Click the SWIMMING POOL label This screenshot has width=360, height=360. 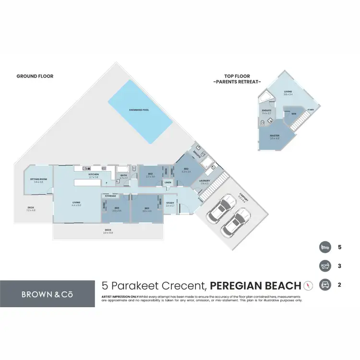pos(139,110)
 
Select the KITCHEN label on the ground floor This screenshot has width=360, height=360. pos(93,175)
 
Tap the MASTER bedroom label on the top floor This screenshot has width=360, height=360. pos(275,136)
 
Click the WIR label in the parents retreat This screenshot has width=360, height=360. pos(293,114)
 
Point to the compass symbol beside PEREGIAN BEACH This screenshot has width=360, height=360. pos(308,286)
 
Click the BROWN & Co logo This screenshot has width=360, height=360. pos(46,293)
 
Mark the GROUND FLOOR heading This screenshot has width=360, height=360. pos(35,76)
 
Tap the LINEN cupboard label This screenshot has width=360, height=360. pos(168,183)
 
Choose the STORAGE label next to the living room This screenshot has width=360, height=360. pos(111,196)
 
